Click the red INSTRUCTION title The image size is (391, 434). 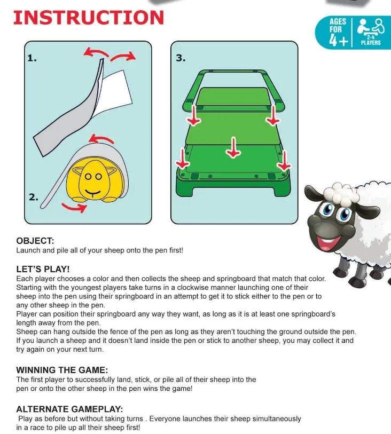tap(88, 17)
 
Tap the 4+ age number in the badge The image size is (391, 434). tap(339, 40)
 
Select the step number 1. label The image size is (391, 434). tap(32, 58)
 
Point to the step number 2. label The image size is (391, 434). tap(33, 197)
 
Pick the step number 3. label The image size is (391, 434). tap(181, 58)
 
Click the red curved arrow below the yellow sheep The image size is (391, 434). tap(74, 207)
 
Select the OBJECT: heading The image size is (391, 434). tap(35, 241)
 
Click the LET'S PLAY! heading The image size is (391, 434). tap(43, 269)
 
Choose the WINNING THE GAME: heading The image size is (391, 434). tap(62, 369)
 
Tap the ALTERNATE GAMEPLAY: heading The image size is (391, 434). tap(69, 409)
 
